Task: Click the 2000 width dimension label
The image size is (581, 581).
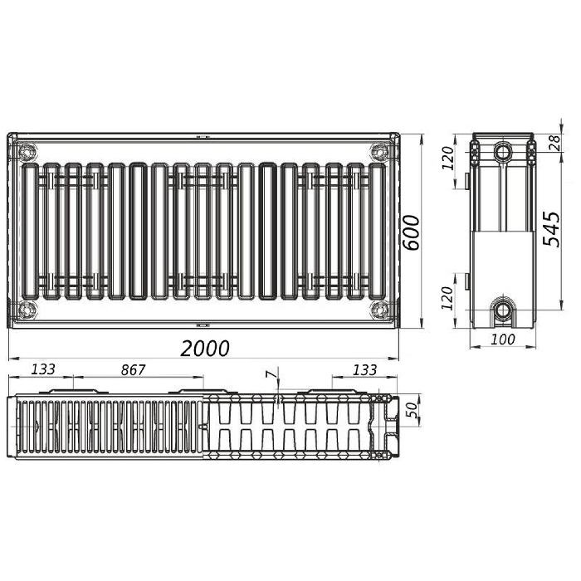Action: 205,349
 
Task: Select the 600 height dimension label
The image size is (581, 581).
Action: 412,232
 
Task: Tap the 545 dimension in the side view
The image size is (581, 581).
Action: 551,229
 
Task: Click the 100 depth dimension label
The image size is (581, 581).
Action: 503,339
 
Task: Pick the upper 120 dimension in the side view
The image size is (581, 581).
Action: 447,158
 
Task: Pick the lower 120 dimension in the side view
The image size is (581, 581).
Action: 447,297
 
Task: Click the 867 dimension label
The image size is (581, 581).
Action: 134,369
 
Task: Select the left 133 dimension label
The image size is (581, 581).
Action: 43,369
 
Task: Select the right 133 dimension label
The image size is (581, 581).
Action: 365,369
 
